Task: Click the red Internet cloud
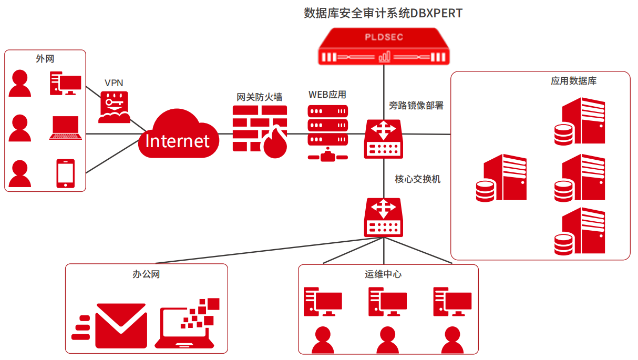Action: tap(177, 135)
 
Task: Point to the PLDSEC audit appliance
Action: tap(384, 47)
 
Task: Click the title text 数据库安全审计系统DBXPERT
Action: tap(383, 13)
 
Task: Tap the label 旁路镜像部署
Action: tap(416, 105)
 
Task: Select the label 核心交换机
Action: tap(418, 179)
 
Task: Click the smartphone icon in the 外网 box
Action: tap(66, 173)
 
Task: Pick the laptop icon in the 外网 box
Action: tap(66, 128)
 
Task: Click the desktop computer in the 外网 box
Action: tap(66, 83)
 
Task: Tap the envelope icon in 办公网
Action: tap(121, 325)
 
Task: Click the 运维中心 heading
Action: tap(383, 274)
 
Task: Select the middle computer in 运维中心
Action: tap(387, 302)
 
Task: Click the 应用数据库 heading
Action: tap(573, 81)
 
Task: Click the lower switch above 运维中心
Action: tap(384, 217)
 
